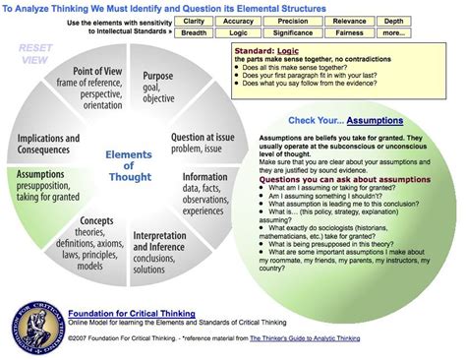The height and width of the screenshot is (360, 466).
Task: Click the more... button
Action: click(x=420, y=32)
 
